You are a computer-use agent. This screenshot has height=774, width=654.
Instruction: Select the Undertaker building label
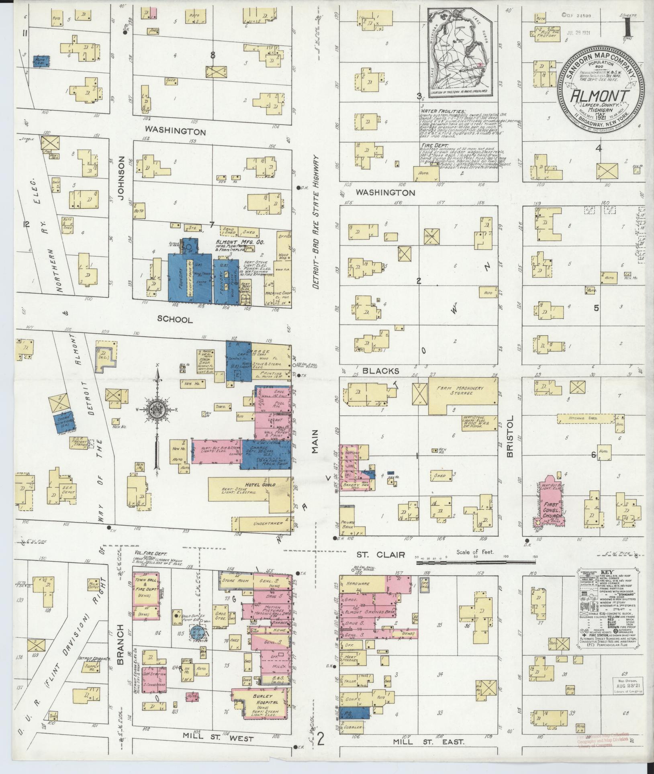click(x=268, y=523)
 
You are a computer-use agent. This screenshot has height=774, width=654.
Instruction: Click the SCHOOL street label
click(x=175, y=319)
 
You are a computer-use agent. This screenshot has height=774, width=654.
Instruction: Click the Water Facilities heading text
click(x=443, y=111)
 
